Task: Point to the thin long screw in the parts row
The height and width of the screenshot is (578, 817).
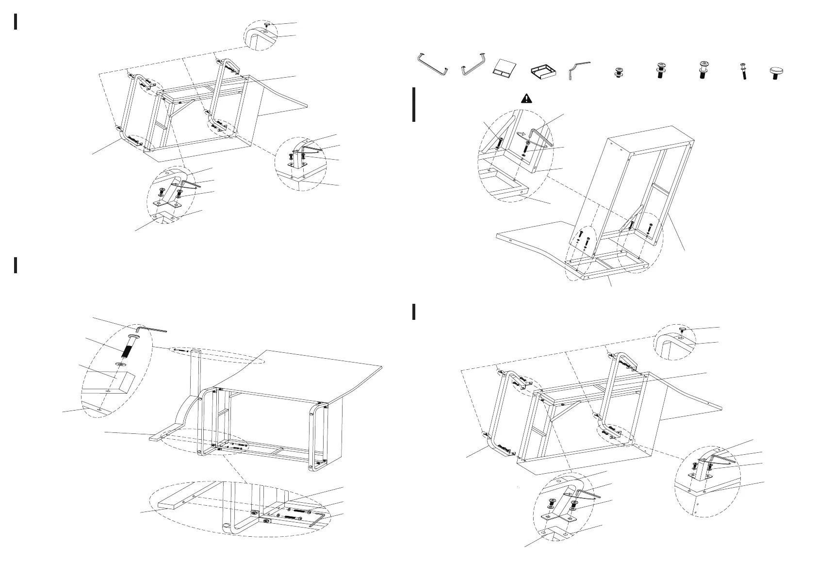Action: point(743,71)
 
